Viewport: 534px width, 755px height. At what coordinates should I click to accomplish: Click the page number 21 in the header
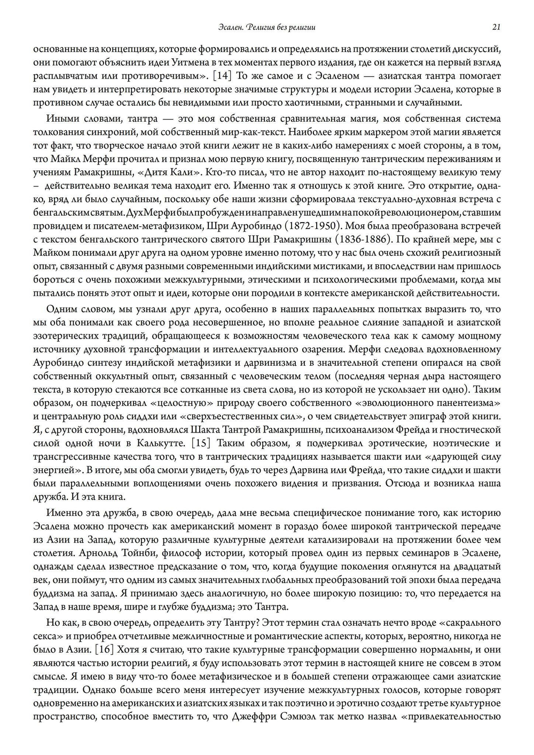coord(496,27)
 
